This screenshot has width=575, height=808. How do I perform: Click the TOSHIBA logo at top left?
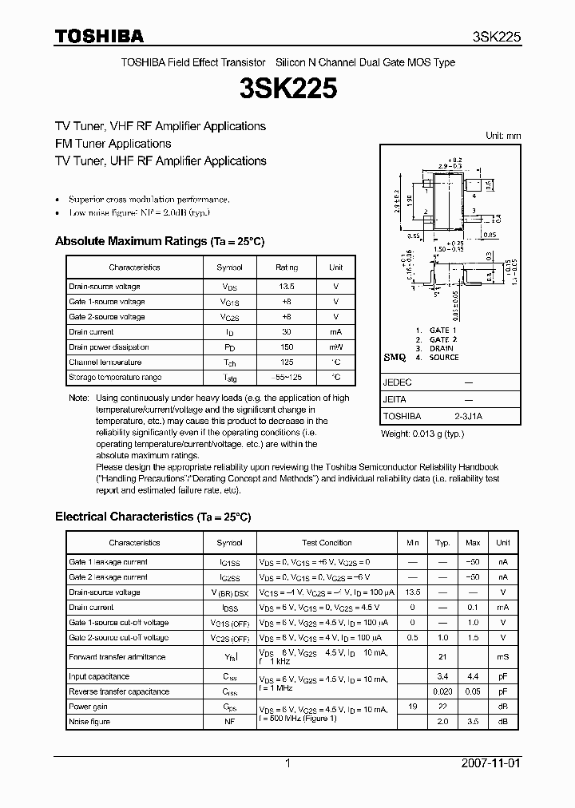[99, 36]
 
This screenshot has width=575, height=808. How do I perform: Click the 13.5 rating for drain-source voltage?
[286, 287]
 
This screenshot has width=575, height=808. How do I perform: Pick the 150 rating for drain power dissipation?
[286, 347]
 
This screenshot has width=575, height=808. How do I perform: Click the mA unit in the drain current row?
[335, 332]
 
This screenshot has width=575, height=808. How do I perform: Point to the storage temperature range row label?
[115, 377]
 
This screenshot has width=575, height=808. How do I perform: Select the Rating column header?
[286, 267]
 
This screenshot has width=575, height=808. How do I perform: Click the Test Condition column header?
[327, 543]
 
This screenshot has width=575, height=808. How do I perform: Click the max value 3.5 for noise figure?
[472, 722]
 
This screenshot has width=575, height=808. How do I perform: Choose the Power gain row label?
[89, 707]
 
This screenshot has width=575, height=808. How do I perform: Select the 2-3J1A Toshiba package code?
[468, 416]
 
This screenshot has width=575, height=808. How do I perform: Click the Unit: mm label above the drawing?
[503, 137]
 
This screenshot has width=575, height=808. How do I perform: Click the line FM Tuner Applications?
[113, 144]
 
